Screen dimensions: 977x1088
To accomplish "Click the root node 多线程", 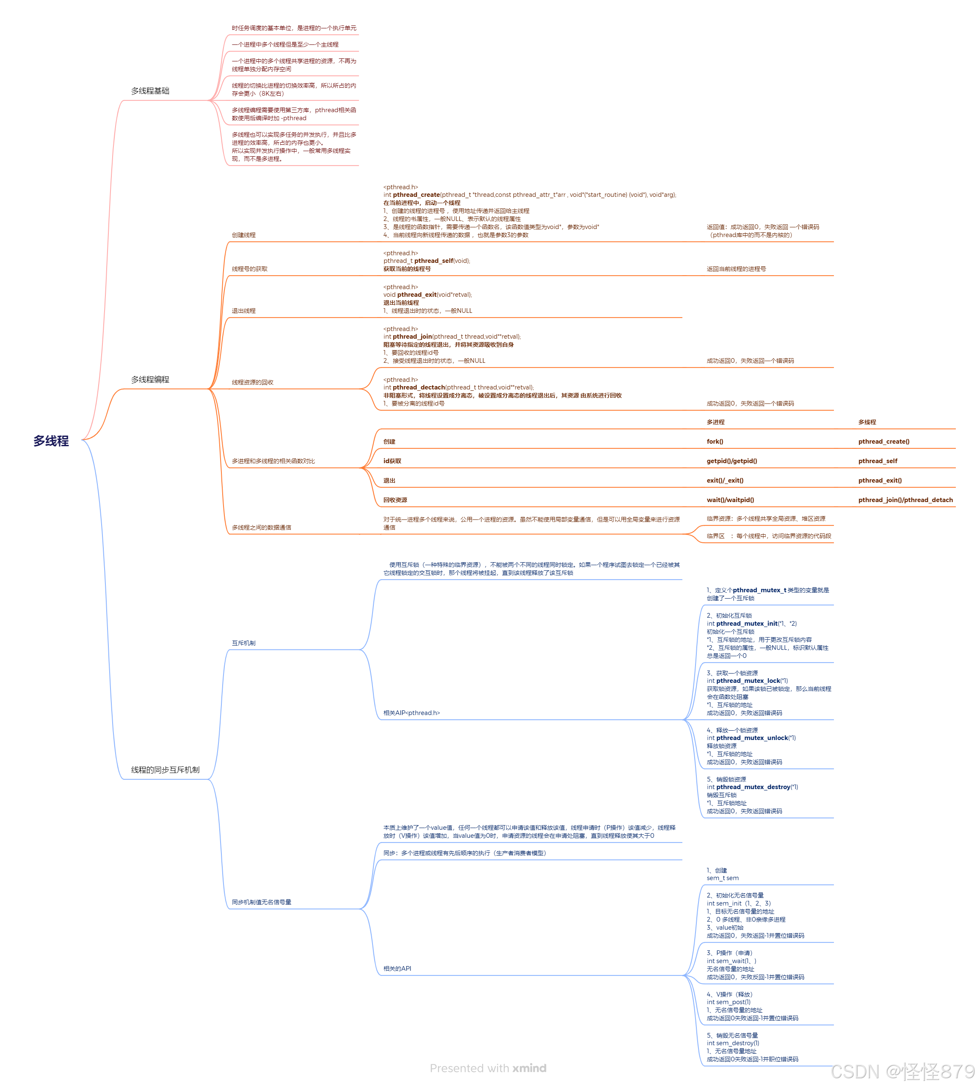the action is click(x=51, y=441).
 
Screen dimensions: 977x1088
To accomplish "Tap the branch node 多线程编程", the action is click(x=150, y=379).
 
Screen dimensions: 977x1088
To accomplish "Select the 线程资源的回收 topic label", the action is click(x=252, y=382).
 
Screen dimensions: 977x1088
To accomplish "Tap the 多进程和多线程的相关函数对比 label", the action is click(x=273, y=461).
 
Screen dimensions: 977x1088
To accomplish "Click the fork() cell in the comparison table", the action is click(x=715, y=442).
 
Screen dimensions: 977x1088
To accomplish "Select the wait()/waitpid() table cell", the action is click(x=730, y=500).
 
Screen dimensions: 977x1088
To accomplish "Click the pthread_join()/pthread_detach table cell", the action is click(x=905, y=500).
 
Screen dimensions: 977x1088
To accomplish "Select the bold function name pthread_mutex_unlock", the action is click(x=751, y=738).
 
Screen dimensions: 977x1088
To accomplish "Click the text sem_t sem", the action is click(x=722, y=878).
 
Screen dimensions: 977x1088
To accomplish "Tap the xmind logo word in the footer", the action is click(x=529, y=1068).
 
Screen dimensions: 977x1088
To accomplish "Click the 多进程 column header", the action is click(x=715, y=422).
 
